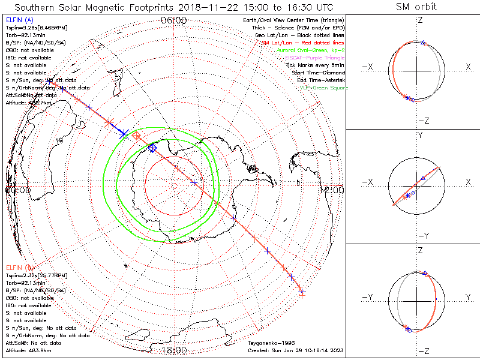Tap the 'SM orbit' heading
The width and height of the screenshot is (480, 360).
point(416,7)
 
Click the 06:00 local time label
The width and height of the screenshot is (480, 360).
point(174,20)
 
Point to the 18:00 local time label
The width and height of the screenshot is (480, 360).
point(174,350)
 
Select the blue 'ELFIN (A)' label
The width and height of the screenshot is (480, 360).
point(18,20)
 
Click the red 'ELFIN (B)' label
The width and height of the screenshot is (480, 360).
point(18,266)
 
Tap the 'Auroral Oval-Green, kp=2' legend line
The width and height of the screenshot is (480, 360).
point(311,50)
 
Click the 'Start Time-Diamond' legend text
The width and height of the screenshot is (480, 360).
point(319,73)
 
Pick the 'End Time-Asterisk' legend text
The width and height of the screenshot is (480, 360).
point(321,80)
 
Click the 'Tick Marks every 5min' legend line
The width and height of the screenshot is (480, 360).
point(317,65)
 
